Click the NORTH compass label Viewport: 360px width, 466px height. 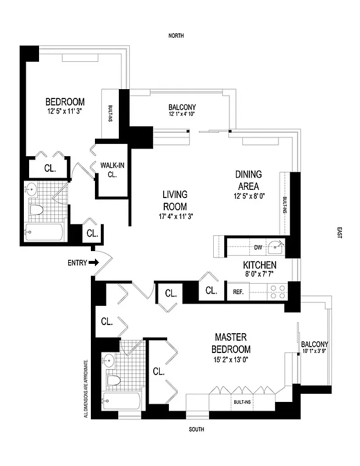[x=176, y=36]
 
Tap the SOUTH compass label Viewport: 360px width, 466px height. [x=196, y=430]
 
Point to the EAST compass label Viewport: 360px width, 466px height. [x=340, y=233]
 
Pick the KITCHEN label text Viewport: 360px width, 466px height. [x=259, y=265]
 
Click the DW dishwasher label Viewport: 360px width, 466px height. [x=258, y=248]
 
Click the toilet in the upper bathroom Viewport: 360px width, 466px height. [x=36, y=210]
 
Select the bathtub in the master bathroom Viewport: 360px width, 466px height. [x=122, y=401]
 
